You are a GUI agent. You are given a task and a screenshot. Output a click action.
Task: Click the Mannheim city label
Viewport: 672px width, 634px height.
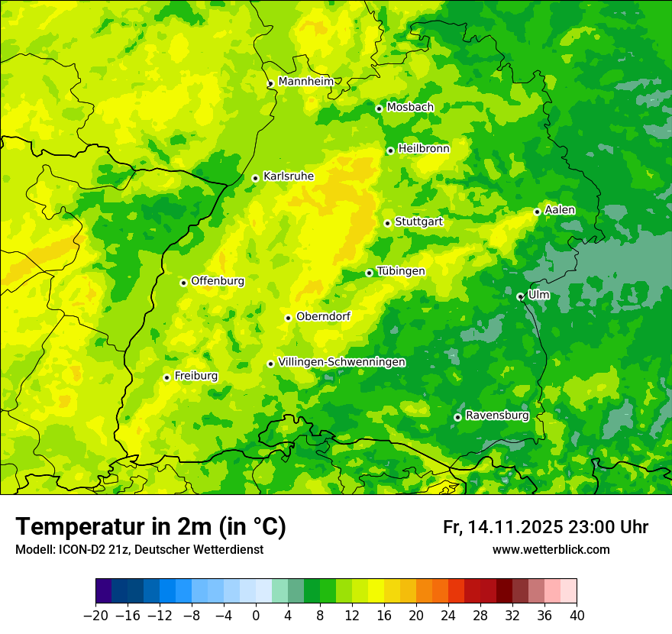[305, 82]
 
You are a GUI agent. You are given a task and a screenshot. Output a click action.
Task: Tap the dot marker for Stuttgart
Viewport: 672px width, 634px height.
[387, 223]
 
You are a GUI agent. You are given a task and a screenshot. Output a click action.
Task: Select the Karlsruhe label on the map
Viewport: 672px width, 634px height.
[288, 176]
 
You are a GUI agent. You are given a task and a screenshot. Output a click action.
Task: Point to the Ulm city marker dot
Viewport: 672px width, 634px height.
[520, 296]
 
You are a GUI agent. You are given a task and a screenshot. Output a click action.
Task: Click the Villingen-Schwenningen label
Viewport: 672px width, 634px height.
[341, 362]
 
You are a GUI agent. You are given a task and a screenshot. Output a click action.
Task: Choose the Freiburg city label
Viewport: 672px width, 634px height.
[195, 376]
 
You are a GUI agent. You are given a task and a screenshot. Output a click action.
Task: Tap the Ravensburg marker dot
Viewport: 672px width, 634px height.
[457, 417]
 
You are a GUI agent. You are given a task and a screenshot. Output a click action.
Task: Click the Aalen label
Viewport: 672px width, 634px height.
[560, 210]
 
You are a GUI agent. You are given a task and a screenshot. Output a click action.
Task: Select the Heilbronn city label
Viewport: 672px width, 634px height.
[424, 149]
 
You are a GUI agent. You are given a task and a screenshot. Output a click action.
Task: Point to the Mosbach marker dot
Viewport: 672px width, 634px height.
[379, 108]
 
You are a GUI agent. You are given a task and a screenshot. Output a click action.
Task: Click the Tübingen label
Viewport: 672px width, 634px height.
[400, 271]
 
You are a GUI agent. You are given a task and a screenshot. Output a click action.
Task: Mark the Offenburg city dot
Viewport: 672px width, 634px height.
[183, 283]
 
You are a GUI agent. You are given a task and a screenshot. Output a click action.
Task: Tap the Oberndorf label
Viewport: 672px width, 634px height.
[323, 316]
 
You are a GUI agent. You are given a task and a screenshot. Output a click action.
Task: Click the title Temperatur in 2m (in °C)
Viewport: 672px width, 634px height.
[150, 527]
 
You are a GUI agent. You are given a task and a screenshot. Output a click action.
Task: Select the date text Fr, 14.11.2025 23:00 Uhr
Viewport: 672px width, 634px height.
[545, 527]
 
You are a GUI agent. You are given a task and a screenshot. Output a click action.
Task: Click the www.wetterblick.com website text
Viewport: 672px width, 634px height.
[551, 549]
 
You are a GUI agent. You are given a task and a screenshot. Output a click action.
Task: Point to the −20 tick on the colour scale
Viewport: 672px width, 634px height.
[95, 616]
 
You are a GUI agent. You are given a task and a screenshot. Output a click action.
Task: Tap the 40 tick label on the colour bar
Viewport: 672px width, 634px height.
[577, 616]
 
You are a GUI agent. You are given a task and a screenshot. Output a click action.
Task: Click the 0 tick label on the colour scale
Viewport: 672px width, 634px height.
[256, 616]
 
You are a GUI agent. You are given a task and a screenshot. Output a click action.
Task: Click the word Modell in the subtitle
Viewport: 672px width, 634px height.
[33, 549]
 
